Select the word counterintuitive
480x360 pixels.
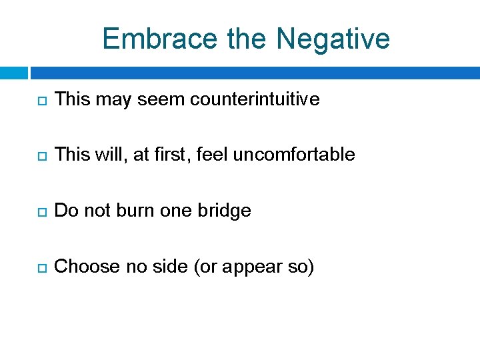(255, 100)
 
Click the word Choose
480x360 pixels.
(83, 267)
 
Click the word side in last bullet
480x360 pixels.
(169, 267)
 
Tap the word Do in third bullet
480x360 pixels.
(65, 211)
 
